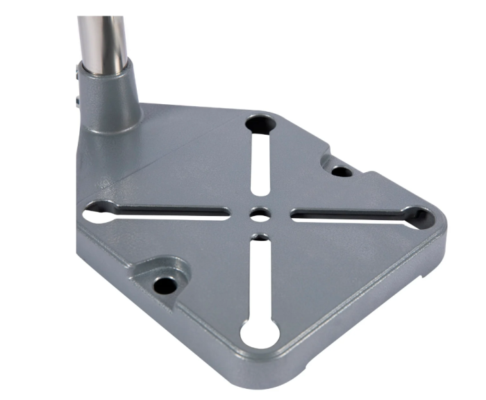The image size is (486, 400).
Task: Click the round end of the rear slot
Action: click(261, 124)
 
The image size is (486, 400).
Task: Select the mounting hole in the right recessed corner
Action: click(340, 171)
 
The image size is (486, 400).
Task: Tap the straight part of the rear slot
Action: click(260, 167)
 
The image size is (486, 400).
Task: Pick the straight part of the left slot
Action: click(174, 211)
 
